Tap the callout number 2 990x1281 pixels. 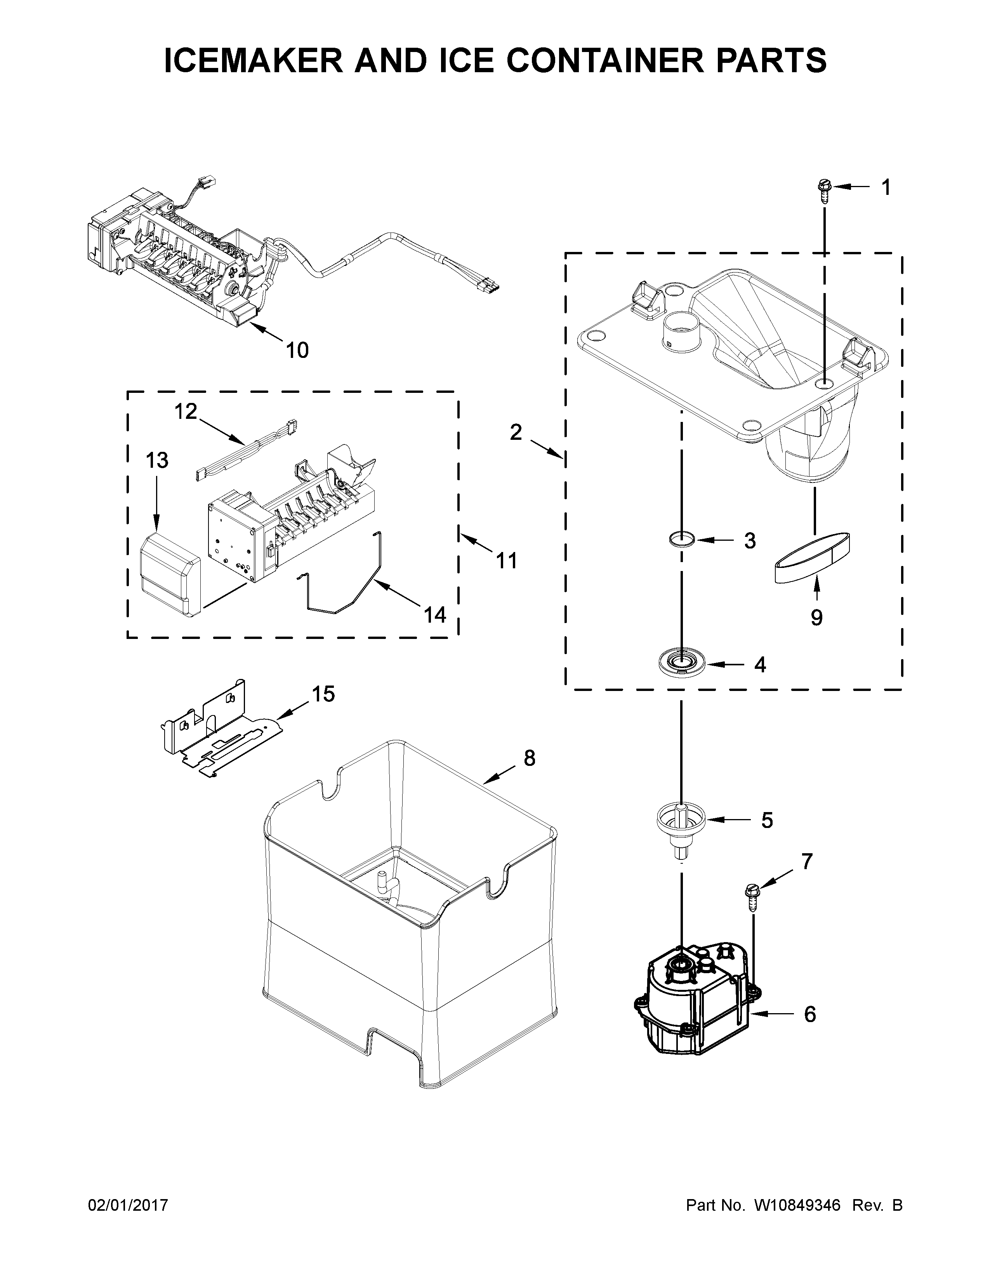click(516, 432)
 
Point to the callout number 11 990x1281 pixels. click(507, 561)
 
